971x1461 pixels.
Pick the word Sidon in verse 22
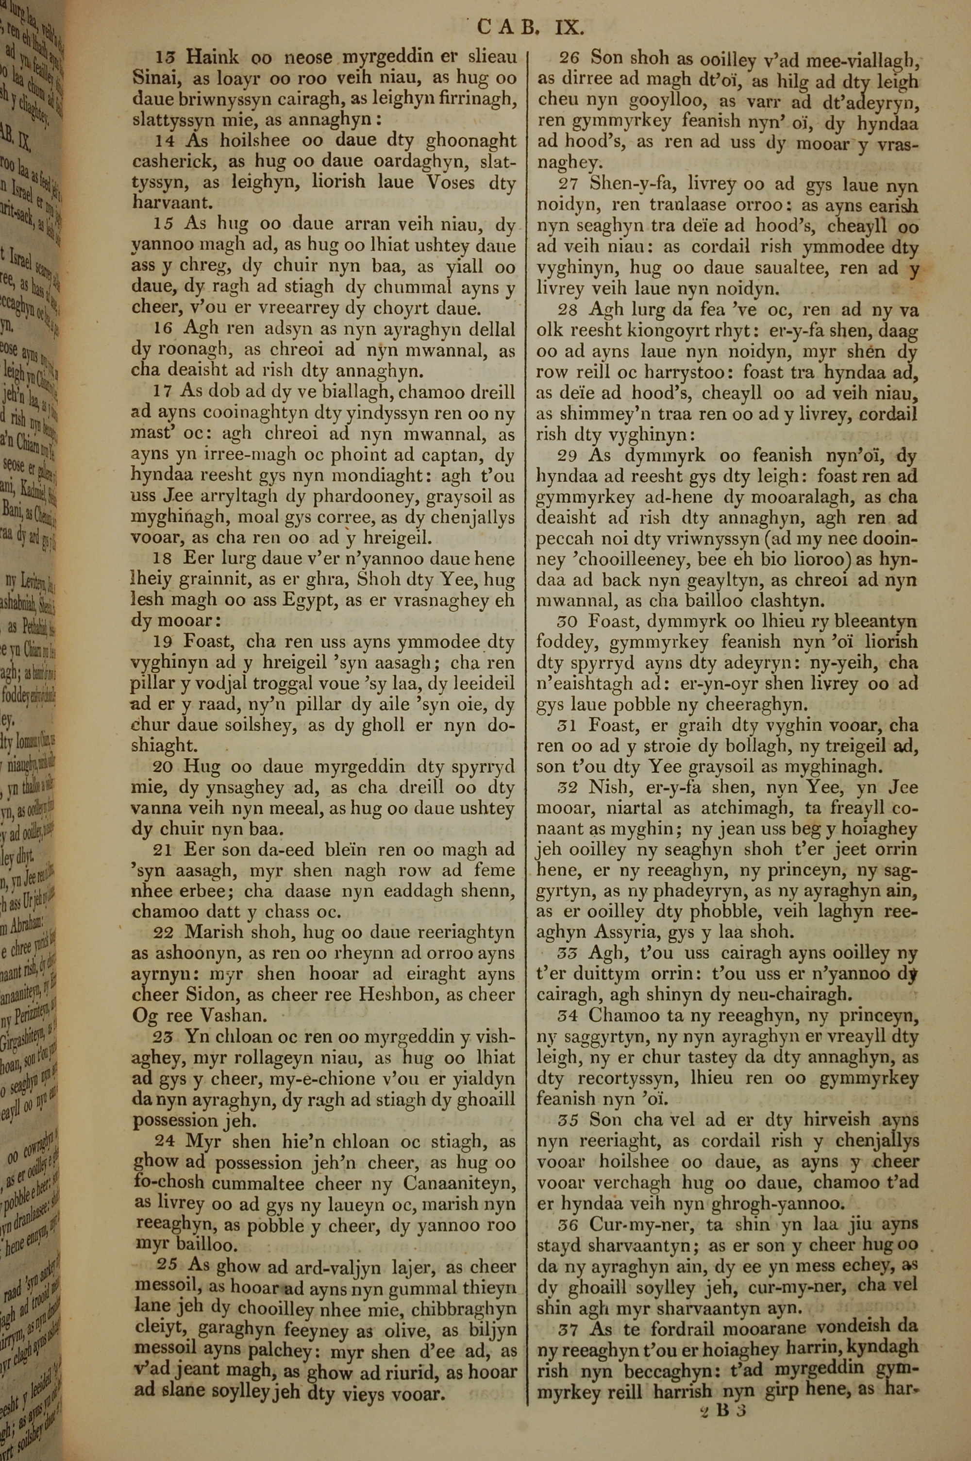point(210,995)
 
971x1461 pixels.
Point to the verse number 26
point(568,58)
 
